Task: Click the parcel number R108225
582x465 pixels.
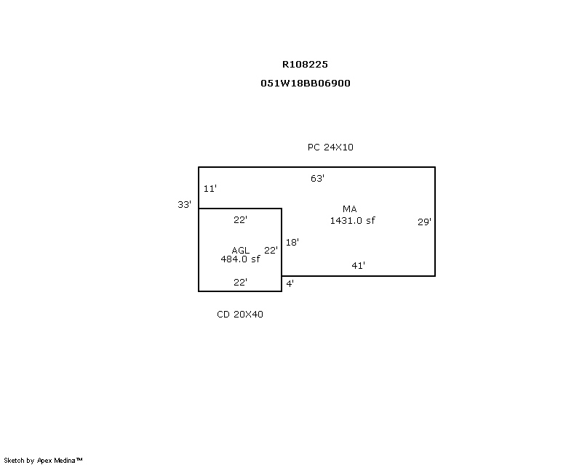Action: pos(306,64)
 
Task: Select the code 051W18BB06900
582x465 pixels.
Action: pos(306,83)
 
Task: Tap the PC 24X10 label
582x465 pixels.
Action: pos(330,147)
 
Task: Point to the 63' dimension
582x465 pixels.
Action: pos(317,178)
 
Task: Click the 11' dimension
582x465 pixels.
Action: pos(210,188)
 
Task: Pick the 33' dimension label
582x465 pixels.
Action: pos(184,204)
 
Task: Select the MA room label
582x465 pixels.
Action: pos(350,209)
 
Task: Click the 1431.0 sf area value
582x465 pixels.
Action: pos(353,220)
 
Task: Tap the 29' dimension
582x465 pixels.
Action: pos(424,222)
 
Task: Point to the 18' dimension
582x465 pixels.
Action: pos(292,243)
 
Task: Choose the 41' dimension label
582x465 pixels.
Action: pos(358,265)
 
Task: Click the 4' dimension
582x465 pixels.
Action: pos(290,283)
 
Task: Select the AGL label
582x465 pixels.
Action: pos(241,250)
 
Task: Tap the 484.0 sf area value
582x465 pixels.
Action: pos(240,259)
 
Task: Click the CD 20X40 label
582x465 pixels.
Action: pos(240,314)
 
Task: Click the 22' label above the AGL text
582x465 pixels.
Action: pos(240,219)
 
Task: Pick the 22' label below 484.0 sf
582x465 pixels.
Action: pos(240,282)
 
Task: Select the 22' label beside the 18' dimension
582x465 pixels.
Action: pos(271,250)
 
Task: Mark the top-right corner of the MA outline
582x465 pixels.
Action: pos(435,167)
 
